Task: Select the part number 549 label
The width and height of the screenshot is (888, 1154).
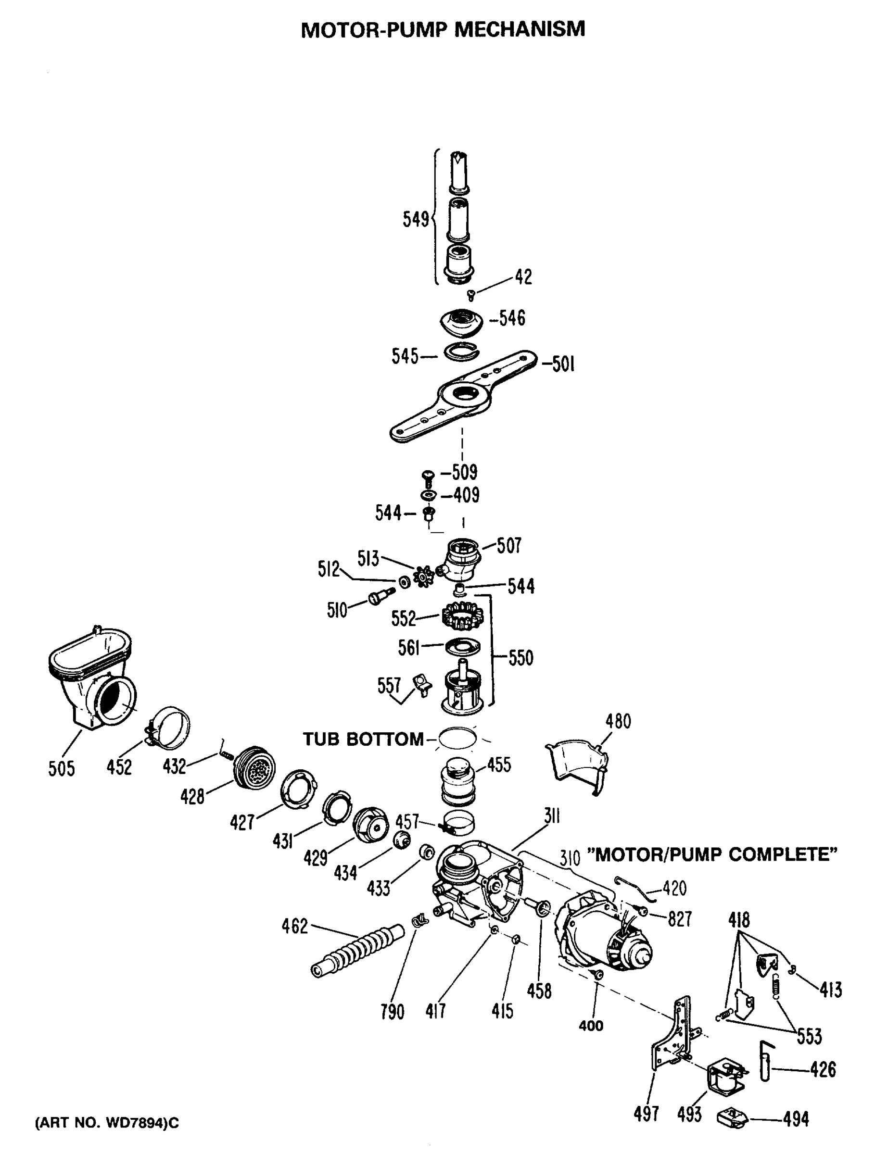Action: [416, 219]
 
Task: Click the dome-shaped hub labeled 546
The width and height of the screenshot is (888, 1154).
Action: [461, 322]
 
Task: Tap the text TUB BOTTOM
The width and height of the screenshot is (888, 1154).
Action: [363, 739]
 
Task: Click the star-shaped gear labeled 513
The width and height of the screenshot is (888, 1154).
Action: [423, 576]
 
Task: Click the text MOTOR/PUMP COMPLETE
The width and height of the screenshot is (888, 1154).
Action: [713, 854]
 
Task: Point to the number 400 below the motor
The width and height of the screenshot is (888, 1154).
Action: [591, 1026]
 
